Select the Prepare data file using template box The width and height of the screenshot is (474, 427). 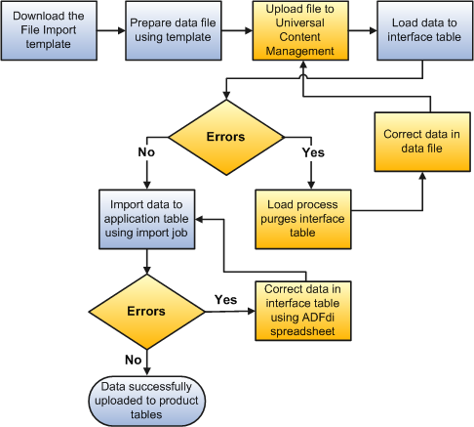click(x=171, y=31)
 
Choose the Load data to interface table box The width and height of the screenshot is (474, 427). click(x=421, y=31)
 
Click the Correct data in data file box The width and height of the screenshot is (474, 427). click(x=421, y=141)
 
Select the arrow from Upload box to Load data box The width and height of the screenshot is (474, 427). click(x=363, y=31)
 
